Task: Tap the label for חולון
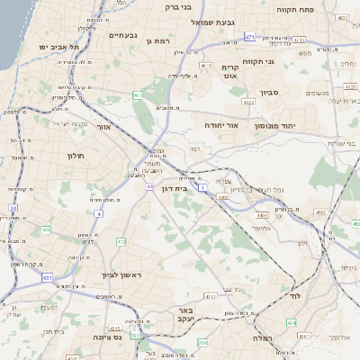coord(75,156)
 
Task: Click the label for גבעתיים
coord(122,35)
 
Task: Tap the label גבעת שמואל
coord(212,22)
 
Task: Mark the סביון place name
coord(271,92)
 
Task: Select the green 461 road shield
coord(137,94)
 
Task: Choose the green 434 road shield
coord(291,321)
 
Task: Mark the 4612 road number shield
coord(206,66)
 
